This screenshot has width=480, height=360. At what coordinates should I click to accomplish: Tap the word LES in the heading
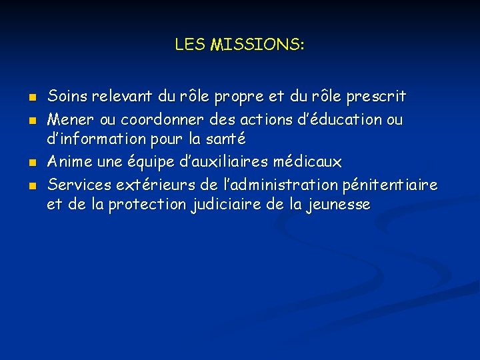pos(191,45)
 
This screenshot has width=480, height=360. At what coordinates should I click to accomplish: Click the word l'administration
pos(271,183)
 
